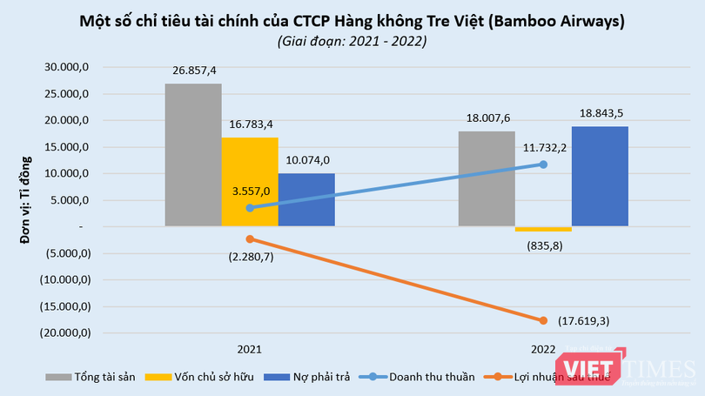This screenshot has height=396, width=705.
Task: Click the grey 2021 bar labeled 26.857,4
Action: coord(193,155)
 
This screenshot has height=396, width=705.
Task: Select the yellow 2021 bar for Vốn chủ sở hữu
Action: coord(250,182)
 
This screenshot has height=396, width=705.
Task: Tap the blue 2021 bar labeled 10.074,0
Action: coord(306,199)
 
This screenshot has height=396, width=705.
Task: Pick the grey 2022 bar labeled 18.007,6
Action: coord(487,178)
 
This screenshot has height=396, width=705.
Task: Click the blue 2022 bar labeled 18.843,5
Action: coord(600,176)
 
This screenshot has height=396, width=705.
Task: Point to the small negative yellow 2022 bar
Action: coord(543,229)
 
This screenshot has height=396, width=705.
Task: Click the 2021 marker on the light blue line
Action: coord(251,208)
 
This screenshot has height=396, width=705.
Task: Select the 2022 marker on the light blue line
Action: coord(543,164)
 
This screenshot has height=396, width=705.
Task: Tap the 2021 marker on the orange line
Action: coord(251,238)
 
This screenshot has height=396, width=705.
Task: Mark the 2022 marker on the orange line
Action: coord(543,320)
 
